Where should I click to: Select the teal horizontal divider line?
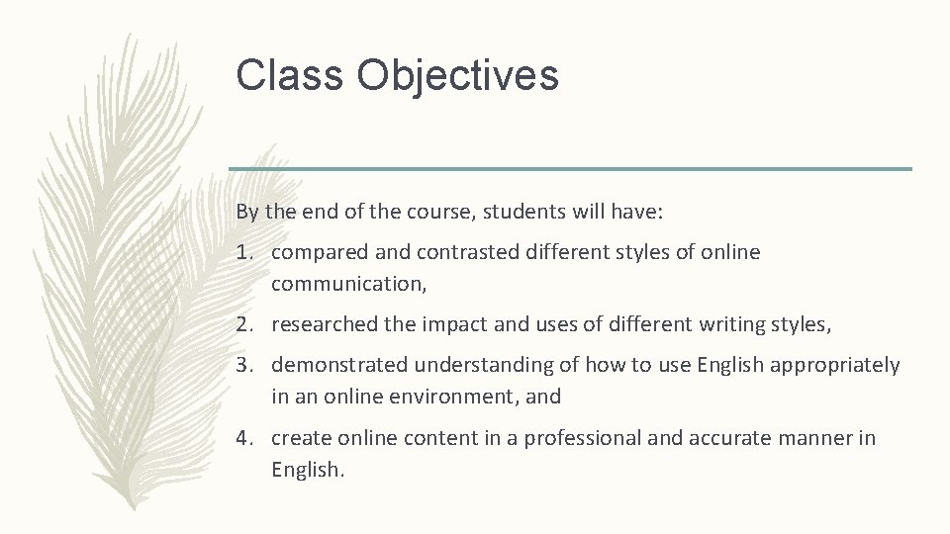570,168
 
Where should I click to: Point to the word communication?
343,285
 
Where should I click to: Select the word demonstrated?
339,365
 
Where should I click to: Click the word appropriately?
838,366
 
